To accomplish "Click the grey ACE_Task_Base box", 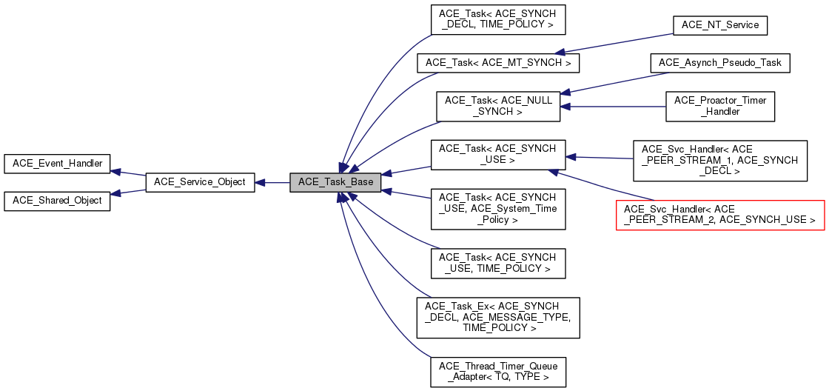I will point(336,182).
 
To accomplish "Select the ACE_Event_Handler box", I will point(57,164).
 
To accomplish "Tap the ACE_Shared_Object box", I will point(57,201).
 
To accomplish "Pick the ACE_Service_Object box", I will point(200,182).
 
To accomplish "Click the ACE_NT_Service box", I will point(719,25).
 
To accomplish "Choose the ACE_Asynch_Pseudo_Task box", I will point(720,63).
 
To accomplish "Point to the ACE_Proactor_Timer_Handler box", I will point(720,107).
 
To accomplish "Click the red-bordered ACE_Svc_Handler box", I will point(719,215).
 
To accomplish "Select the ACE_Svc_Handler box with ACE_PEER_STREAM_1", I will point(719,161).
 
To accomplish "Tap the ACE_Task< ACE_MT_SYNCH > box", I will point(497,63).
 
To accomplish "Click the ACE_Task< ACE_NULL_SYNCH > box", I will point(497,107).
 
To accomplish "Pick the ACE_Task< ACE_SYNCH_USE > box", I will point(497,154).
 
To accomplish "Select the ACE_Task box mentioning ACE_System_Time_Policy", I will point(497,209).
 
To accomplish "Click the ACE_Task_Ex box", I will point(497,318).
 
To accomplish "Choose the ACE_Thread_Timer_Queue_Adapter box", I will point(497,372).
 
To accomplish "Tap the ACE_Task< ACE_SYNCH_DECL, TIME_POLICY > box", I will point(497,20).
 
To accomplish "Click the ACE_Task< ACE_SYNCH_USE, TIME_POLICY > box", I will point(497,263).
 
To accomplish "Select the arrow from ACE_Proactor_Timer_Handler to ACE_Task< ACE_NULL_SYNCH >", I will point(614,107).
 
